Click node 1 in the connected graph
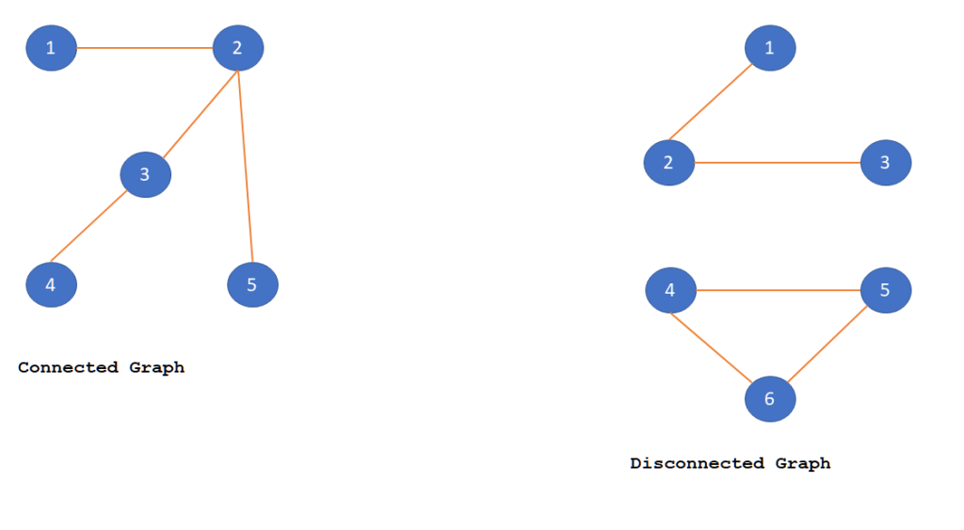[x=51, y=48]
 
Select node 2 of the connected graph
[x=237, y=48]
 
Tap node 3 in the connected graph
[x=145, y=174]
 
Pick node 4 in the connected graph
[x=51, y=284]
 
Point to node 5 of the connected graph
[x=252, y=284]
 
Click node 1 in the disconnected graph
[x=770, y=48]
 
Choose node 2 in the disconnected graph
[x=668, y=163]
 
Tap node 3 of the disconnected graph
[x=885, y=163]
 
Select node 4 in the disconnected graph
[x=670, y=290]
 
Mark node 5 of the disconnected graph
[x=885, y=290]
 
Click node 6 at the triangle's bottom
[x=770, y=399]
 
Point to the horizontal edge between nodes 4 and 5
[x=778, y=290]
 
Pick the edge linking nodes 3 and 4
[x=89, y=227]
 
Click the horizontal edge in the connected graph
[x=144, y=48]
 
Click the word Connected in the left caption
[x=68, y=368]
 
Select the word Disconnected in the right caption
[x=698, y=463]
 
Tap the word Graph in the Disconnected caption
[x=803, y=463]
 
